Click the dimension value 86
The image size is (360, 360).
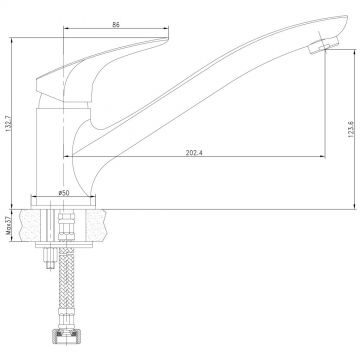tap(116, 24)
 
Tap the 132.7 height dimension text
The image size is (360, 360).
tap(8, 123)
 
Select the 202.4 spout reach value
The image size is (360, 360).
tap(194, 153)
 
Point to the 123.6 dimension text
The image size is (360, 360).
tap(351, 129)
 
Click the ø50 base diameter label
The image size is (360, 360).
tap(64, 193)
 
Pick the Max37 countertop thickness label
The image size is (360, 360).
tap(9, 225)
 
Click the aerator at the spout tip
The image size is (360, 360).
tap(323, 45)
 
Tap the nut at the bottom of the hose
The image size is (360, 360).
tap(66, 336)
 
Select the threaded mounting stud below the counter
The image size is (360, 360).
tap(49, 258)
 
